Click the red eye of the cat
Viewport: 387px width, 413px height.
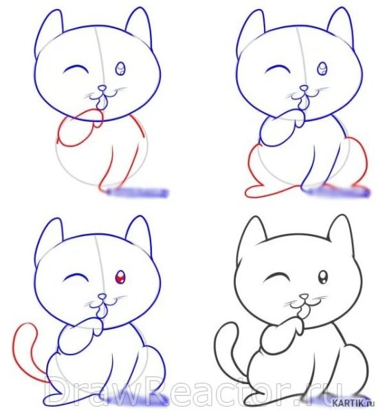[x=121, y=278]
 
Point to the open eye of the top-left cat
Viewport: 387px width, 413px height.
[x=121, y=68]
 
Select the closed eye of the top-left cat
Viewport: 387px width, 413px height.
[x=76, y=70]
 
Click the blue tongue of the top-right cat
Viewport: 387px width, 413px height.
[x=302, y=104]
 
